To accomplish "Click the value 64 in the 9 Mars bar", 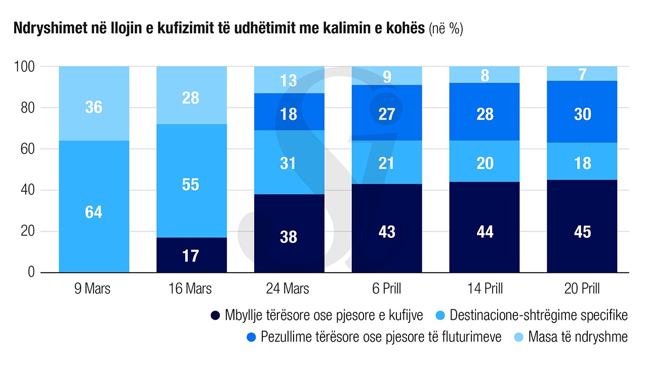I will point(94,212).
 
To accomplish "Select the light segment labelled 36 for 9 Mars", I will point(94,107).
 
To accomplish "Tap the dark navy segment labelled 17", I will point(191,255).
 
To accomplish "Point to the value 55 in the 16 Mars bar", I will point(191,185).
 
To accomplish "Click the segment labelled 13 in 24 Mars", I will point(289,80).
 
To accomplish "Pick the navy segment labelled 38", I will point(289,236).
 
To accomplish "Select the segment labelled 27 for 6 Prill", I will point(386,114).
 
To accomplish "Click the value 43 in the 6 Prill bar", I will point(386,232).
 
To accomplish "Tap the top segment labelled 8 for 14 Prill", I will point(484,75).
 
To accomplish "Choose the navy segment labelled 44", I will point(484,232).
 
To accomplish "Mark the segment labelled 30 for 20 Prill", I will point(582,114).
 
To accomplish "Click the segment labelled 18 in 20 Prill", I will point(582,163).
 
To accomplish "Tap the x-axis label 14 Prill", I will point(484,289).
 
